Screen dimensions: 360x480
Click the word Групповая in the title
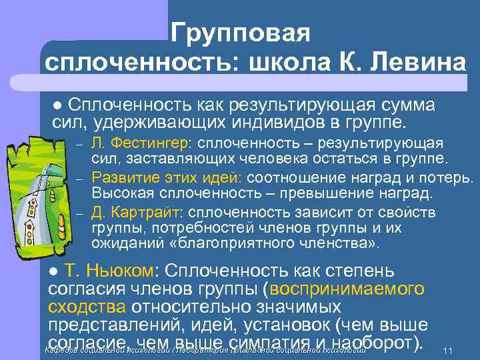pos(240,32)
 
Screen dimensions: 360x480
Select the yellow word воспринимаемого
pos(347,289)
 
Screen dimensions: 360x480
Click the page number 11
pos(448,351)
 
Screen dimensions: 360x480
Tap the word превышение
pos(321,194)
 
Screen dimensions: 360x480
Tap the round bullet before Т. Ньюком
pos(55,273)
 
